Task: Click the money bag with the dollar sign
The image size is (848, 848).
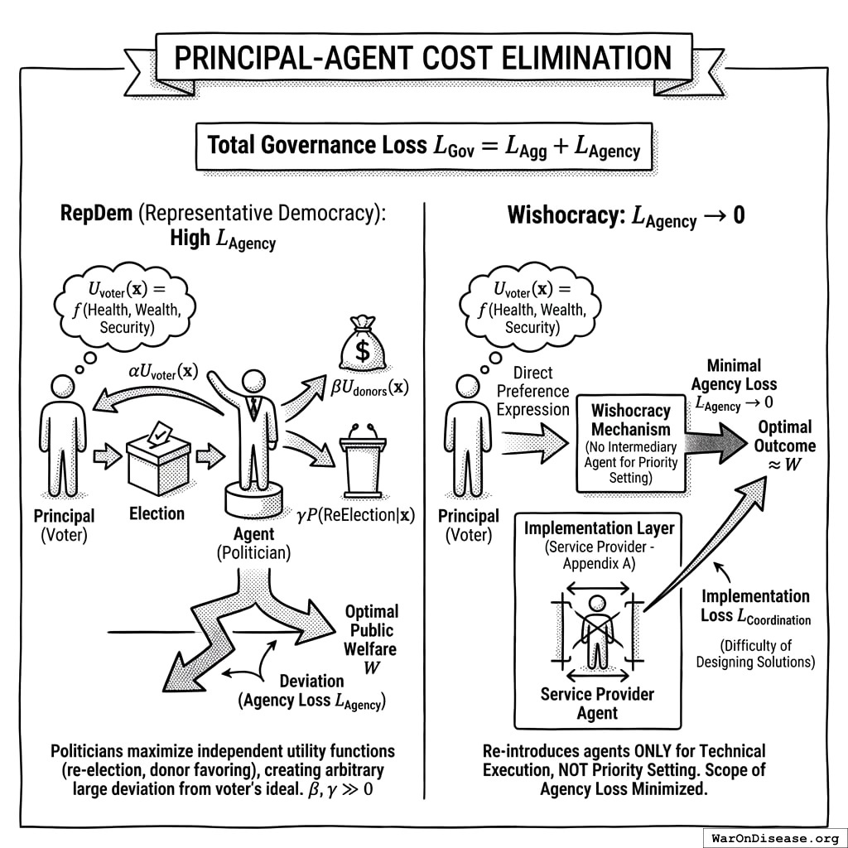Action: pyautogui.click(x=363, y=345)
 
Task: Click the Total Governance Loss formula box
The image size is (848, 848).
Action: pyautogui.click(x=423, y=146)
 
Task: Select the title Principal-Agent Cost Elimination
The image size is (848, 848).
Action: pyautogui.click(x=423, y=58)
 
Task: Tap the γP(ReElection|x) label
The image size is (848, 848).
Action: pyautogui.click(x=356, y=515)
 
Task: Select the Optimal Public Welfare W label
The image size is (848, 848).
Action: pyautogui.click(x=371, y=639)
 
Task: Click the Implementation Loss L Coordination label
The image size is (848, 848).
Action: pyautogui.click(x=755, y=606)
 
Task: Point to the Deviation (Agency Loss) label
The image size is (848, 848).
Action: pyautogui.click(x=311, y=691)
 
